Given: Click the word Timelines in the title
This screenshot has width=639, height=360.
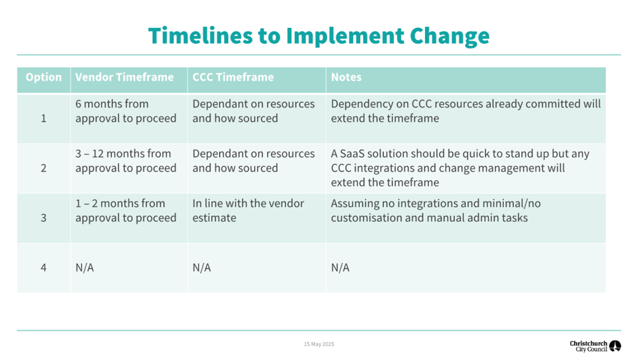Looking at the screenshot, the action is tap(201, 36).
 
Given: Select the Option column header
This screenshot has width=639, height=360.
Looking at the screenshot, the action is tap(43, 77).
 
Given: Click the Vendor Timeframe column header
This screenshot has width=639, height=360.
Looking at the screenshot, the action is tap(124, 77).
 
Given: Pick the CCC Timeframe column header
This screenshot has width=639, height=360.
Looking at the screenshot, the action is tap(233, 77).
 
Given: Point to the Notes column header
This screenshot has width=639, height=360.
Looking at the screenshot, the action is tap(346, 77).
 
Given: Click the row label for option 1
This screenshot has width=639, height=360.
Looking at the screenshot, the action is tap(43, 119).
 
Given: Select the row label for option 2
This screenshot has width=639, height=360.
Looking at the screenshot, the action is tap(43, 168).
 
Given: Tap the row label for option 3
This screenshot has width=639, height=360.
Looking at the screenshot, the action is tap(43, 218).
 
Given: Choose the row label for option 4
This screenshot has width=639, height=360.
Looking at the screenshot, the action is tap(43, 268).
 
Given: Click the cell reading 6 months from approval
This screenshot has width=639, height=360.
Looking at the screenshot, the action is tap(126, 111).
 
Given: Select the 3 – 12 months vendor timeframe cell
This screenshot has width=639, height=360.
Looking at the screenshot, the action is tap(126, 161).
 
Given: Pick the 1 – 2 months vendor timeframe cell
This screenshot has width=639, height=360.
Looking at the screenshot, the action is tap(126, 210).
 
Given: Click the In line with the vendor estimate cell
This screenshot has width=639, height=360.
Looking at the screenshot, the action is tap(248, 210).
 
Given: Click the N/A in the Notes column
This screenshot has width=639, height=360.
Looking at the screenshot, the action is tap(340, 268).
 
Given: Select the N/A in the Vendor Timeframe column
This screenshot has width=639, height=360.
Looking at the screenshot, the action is tap(84, 268).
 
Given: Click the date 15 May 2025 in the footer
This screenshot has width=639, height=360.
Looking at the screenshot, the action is tap(319, 344).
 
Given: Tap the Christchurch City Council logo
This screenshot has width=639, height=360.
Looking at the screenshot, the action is tap(595, 346).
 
